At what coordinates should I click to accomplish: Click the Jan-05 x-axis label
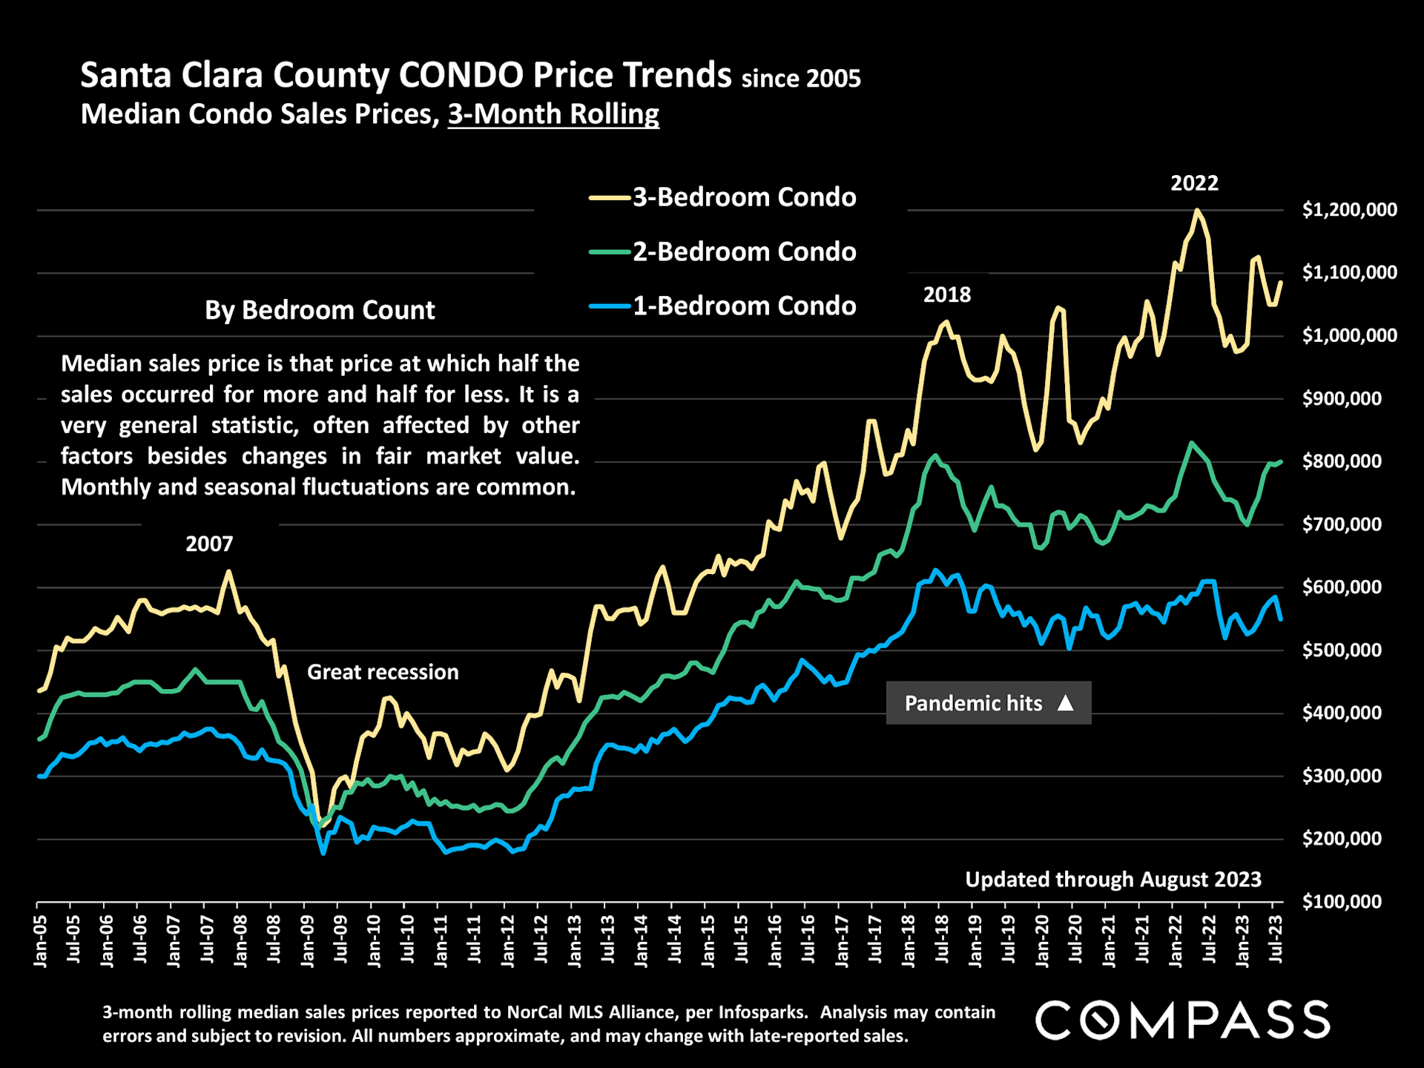40,941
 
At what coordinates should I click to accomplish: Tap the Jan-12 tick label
508,941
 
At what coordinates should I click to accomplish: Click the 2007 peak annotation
209,544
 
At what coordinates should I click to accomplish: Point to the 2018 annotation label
946,295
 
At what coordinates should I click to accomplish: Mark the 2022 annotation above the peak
1194,183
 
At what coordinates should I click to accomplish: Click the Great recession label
383,673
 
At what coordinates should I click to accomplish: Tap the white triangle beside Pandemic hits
1065,703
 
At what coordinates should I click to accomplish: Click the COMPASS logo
1182,1020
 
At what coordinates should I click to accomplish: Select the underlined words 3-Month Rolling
553,114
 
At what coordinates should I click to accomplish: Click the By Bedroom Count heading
320,310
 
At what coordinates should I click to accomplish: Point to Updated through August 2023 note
1112,880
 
